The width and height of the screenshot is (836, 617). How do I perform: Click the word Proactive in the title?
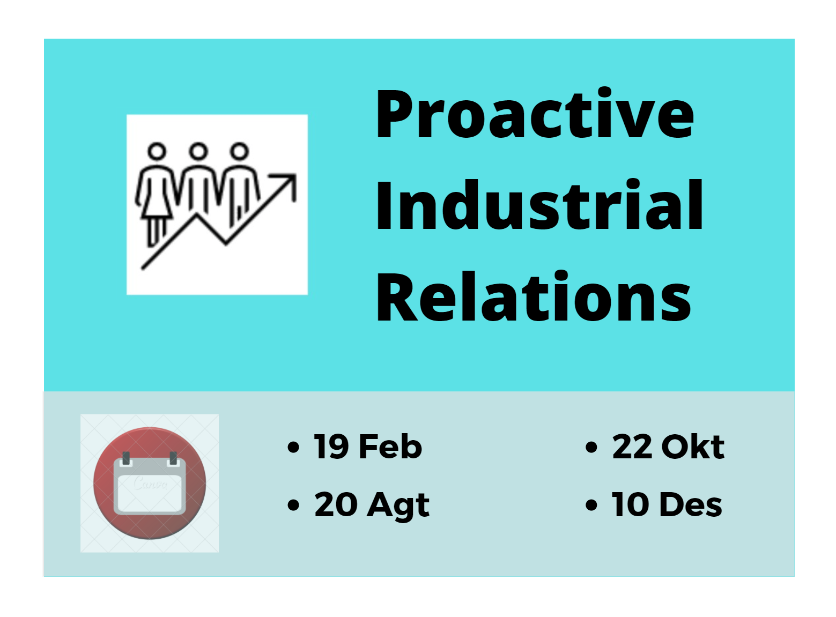(x=534, y=114)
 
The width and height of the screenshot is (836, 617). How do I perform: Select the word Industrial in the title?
(x=539, y=205)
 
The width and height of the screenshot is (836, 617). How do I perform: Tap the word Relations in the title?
(x=534, y=296)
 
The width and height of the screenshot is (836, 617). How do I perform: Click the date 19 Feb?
(x=367, y=447)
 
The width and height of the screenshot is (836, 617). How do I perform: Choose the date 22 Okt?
(x=668, y=447)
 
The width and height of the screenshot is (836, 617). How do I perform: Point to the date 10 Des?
(x=667, y=505)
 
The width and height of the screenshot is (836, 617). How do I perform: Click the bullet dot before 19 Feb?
(x=293, y=448)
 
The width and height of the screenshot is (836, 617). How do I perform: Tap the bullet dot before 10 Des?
(x=591, y=506)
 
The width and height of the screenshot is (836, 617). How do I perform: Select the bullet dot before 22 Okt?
(x=591, y=448)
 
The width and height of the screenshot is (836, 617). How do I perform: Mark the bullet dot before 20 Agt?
(x=293, y=506)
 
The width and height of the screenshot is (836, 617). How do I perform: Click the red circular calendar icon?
(x=150, y=483)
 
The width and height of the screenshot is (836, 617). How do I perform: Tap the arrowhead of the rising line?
(x=288, y=183)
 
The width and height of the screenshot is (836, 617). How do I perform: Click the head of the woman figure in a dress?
(x=157, y=151)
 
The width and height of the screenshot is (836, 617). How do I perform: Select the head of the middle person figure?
(x=198, y=151)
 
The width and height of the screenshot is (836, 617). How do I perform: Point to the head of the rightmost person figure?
(x=239, y=151)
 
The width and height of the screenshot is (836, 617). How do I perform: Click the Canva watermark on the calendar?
(x=150, y=483)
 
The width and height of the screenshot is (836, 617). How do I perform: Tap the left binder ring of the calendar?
(x=126, y=458)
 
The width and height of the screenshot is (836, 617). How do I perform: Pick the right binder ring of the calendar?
(x=173, y=458)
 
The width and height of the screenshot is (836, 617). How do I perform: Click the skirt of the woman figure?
(x=157, y=205)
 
